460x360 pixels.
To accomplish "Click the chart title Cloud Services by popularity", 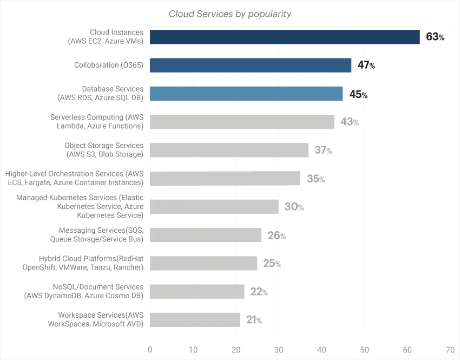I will click(x=230, y=14).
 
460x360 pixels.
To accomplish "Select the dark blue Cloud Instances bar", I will click(x=285, y=37).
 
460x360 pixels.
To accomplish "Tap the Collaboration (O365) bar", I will click(x=250, y=65).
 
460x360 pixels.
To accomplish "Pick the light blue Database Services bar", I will click(x=246, y=94).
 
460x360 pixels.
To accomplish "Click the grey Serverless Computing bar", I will click(x=242, y=122).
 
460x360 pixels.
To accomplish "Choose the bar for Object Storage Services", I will click(x=229, y=150).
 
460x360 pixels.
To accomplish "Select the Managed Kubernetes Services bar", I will click(x=214, y=207).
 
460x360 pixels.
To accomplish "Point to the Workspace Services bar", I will click(x=195, y=320).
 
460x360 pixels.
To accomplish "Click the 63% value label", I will click(x=435, y=37).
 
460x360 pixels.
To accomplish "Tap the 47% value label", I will click(x=366, y=66).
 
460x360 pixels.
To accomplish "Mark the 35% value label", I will click(x=316, y=179).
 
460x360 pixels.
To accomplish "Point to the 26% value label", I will click(x=277, y=235).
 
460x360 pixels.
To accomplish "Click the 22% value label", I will click(x=259, y=292).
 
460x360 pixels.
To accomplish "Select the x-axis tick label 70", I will click(x=450, y=349).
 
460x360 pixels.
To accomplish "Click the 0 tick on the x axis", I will click(x=150, y=349).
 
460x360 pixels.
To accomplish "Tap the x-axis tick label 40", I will click(x=321, y=349).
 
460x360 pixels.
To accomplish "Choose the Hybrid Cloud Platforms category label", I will click(x=83, y=263).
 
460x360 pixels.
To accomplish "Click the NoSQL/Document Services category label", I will click(x=84, y=291).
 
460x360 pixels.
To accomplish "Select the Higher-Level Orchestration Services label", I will click(x=74, y=178).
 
